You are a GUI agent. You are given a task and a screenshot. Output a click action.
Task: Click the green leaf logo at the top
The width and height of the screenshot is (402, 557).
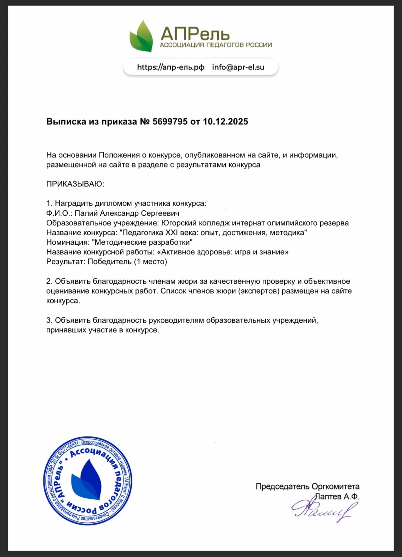click(x=141, y=36)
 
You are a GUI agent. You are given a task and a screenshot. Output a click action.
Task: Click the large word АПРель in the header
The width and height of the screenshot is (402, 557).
click(x=195, y=34)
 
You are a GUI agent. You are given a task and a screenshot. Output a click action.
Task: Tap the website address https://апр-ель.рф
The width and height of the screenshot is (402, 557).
click(x=171, y=67)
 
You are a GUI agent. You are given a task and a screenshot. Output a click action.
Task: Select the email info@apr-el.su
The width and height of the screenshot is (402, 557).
click(x=238, y=67)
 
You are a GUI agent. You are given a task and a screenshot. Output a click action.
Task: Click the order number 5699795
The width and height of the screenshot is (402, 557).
click(x=170, y=122)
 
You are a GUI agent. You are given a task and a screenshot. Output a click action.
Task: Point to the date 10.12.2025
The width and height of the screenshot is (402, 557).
click(x=225, y=122)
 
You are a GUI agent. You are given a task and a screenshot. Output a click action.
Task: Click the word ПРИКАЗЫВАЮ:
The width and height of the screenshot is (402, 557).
click(x=75, y=184)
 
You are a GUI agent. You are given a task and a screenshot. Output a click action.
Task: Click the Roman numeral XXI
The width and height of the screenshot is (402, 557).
click(x=172, y=233)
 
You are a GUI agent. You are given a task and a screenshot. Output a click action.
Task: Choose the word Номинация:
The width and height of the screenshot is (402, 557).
click(x=68, y=242)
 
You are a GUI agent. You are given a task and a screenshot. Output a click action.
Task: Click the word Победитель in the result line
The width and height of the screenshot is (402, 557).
click(x=109, y=262)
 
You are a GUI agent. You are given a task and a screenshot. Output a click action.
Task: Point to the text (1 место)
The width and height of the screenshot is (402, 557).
click(x=150, y=262)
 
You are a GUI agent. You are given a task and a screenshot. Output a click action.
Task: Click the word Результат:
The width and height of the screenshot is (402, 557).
click(x=66, y=262)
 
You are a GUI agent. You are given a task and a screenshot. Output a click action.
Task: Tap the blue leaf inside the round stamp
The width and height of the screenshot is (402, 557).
click(x=87, y=480)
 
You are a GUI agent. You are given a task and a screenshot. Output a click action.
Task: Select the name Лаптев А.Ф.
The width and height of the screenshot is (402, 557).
click(x=337, y=497)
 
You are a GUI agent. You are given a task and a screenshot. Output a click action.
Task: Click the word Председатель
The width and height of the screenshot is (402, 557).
click(x=282, y=487)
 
